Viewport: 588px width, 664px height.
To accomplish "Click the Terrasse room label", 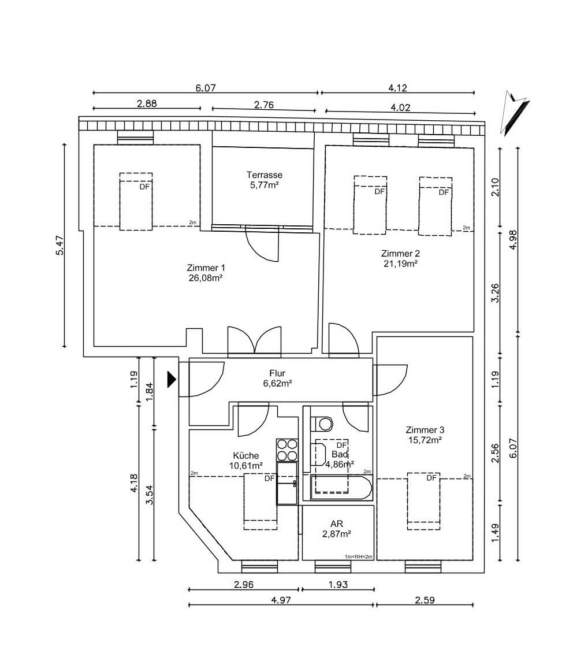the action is [x=264, y=175].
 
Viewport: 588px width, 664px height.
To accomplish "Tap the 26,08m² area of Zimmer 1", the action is [x=206, y=278].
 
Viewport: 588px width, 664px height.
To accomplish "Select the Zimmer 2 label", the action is [x=400, y=254].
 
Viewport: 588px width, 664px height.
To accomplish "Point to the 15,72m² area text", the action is [x=425, y=440].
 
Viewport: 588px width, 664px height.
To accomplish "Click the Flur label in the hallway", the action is [x=277, y=373].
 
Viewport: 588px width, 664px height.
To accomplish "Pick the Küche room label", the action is [x=246, y=455].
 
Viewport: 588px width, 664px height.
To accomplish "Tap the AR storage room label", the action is [x=337, y=524].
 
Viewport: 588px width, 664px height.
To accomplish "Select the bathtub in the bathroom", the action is [x=341, y=488].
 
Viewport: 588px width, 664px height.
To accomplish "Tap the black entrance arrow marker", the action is [x=172, y=379].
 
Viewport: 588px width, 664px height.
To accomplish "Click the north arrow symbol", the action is [x=514, y=113].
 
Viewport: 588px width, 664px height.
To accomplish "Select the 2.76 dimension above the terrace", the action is [x=264, y=104].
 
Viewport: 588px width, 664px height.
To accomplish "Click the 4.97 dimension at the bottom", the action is [x=281, y=600].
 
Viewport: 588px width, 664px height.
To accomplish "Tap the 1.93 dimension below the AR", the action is [x=338, y=584].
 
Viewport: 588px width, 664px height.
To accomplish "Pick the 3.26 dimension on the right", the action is [x=495, y=292].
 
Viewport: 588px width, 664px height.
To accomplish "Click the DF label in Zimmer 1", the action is [x=145, y=187].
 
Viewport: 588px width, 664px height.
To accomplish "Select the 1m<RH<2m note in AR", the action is [x=358, y=557].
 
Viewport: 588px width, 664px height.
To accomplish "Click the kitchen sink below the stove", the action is [x=287, y=483].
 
